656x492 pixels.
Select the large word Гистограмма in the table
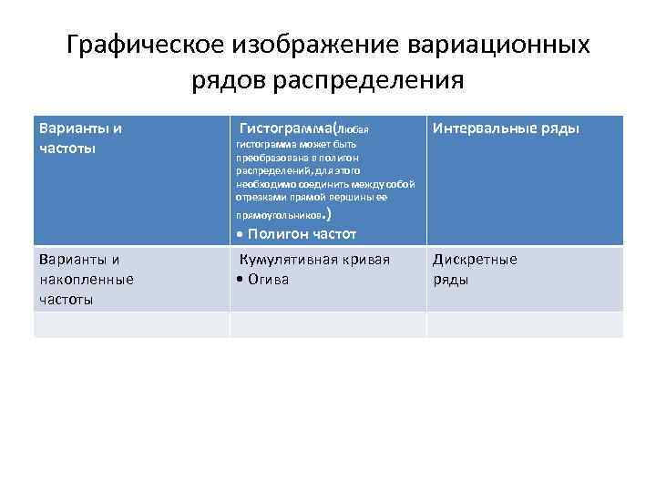pos(285,128)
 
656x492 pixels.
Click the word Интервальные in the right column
pos(482,128)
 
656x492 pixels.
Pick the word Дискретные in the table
pos(475,260)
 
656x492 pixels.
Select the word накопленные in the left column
pos(87,279)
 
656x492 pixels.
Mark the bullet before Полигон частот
pos(239,234)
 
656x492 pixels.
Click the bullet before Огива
pos(238,279)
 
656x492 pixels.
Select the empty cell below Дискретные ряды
pos(525,324)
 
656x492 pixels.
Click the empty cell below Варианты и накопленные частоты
pos(131,324)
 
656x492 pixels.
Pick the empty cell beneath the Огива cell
pos(327,324)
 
